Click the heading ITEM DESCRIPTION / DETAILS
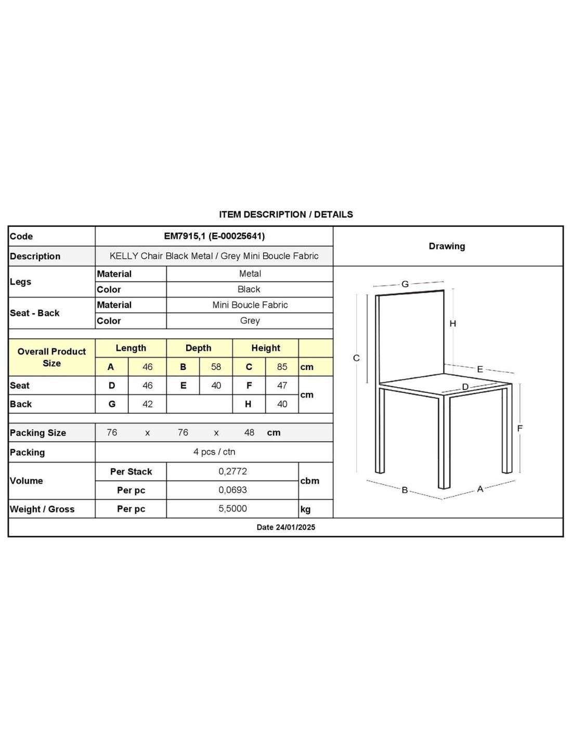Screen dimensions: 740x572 coord(285,214)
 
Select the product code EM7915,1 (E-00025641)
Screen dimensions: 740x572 coord(214,236)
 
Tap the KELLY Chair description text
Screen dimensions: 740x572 coord(214,256)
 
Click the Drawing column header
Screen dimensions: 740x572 coord(447,246)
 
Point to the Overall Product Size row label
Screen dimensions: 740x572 coord(51,358)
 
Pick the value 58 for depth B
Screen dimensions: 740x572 coord(216,367)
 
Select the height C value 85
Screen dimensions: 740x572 coord(282,367)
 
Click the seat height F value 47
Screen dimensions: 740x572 coord(282,386)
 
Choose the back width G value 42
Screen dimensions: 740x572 coord(147,404)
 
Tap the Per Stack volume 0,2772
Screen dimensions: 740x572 coord(232,471)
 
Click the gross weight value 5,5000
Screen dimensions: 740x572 coord(232,509)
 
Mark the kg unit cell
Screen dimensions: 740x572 coord(306,509)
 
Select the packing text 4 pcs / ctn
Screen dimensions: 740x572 coord(214,452)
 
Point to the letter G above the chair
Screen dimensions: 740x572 coord(405,284)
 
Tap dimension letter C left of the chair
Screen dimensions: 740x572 coord(356,358)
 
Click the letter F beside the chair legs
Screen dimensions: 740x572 coord(519,428)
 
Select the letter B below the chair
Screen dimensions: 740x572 coord(405,490)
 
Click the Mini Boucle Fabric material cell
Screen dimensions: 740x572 coord(250,305)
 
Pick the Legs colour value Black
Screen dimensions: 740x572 coord(249,289)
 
